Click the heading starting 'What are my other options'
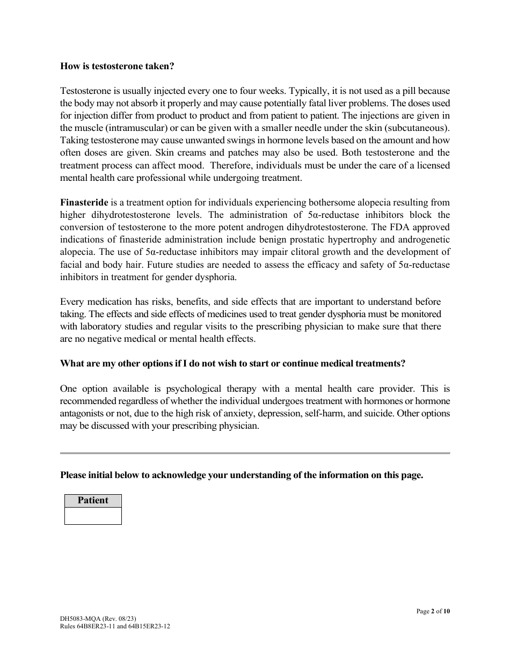(232, 364)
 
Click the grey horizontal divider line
(255, 453)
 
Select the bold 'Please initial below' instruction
(242, 475)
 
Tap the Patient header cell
(93, 501)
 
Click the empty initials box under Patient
(93, 516)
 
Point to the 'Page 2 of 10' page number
(433, 611)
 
